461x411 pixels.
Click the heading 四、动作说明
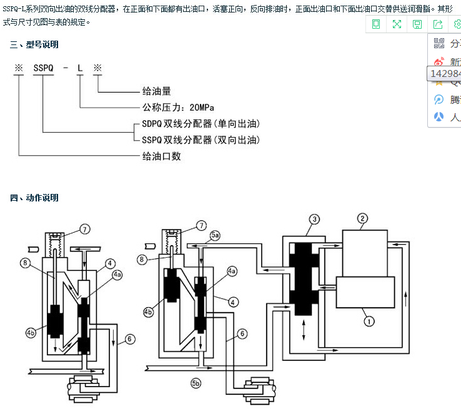(34, 198)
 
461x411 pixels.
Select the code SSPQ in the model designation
(43, 68)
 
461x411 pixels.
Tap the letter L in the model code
(80, 68)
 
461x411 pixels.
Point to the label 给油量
(157, 91)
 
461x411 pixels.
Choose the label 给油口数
(162, 156)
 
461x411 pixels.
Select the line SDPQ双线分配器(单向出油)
(201, 123)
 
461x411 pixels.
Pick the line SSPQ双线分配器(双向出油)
(201, 140)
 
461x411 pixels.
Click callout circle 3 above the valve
(315, 219)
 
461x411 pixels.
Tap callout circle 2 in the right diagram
(362, 218)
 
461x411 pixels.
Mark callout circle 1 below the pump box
(369, 321)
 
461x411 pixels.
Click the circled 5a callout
(215, 235)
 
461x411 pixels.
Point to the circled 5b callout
(196, 382)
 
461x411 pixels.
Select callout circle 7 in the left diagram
(85, 228)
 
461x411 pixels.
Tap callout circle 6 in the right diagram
(240, 334)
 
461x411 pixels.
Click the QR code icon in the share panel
(439, 43)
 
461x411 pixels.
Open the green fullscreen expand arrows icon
(397, 24)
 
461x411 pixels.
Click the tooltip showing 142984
(445, 74)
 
